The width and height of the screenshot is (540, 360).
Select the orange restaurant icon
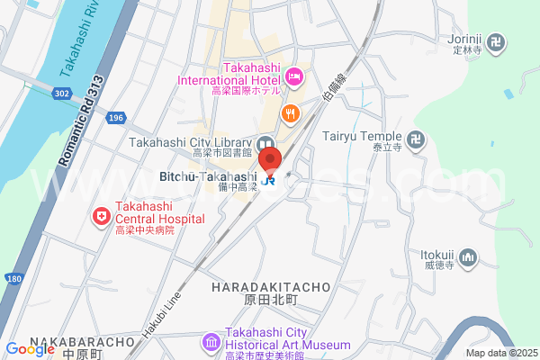(x=290, y=112)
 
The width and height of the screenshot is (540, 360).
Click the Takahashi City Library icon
(x=265, y=143)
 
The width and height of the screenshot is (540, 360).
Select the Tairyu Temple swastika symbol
(x=415, y=139)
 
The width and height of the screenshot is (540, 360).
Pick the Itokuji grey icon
(x=467, y=259)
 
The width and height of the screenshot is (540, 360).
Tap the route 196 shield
(x=115, y=118)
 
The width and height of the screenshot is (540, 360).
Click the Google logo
(x=30, y=348)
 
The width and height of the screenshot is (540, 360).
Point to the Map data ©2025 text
(x=500, y=353)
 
